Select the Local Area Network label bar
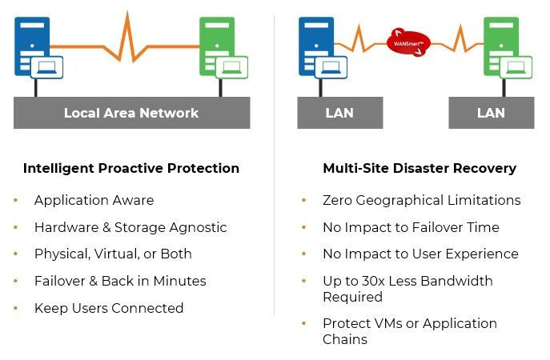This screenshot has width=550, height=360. pyautogui.click(x=131, y=113)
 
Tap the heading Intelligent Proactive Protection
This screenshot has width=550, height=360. pyautogui.click(x=131, y=168)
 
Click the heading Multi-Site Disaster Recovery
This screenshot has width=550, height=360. pyautogui.click(x=420, y=168)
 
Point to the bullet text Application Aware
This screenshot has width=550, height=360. pyautogui.click(x=94, y=200)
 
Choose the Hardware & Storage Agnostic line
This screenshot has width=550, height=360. pyautogui.click(x=130, y=227)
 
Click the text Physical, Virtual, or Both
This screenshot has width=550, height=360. pyautogui.click(x=113, y=254)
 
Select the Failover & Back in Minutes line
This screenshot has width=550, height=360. pyautogui.click(x=120, y=281)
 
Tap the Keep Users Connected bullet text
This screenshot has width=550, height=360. pyautogui.click(x=109, y=308)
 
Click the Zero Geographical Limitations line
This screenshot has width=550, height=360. pyautogui.click(x=421, y=200)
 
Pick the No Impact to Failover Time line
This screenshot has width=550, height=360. pyautogui.click(x=411, y=227)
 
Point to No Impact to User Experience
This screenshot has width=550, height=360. pyautogui.click(x=420, y=254)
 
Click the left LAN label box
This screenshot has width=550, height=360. pyautogui.click(x=339, y=113)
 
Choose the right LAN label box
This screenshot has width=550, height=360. pyautogui.click(x=491, y=113)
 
